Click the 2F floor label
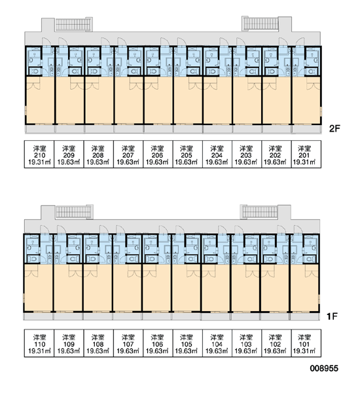click(334, 128)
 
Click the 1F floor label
click(333, 316)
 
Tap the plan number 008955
click(324, 368)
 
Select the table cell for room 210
click(39, 154)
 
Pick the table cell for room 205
click(187, 154)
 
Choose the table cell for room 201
click(306, 154)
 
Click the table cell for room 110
click(39, 343)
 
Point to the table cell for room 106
click(158, 343)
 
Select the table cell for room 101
click(306, 343)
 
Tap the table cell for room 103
click(247, 343)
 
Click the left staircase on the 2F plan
click(74, 25)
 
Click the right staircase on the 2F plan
click(261, 24)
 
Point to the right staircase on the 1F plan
click(259, 212)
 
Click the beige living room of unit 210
click(40, 100)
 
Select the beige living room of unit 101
click(305, 288)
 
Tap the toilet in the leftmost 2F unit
click(34, 71)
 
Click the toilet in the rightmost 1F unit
click(310, 259)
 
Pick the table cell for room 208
click(98, 154)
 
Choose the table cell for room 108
click(98, 343)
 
